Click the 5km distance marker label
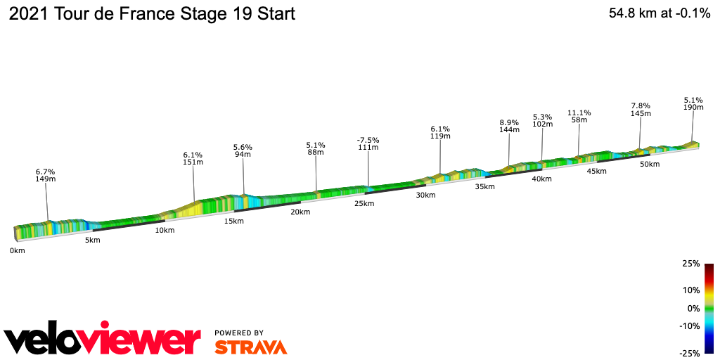click(92, 240)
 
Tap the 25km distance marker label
click(364, 203)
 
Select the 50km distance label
click(649, 164)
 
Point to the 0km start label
click(18, 250)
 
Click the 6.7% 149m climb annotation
click(45, 175)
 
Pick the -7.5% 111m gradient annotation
click(368, 143)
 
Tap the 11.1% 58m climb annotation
click(579, 117)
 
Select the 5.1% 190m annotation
click(693, 103)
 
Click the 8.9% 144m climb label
click(509, 126)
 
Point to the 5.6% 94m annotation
click(243, 151)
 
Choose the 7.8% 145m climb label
click(641, 110)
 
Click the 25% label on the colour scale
click(691, 264)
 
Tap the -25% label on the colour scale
click(690, 353)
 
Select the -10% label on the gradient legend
click(690, 326)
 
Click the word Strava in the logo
click(250, 347)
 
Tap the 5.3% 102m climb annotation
click(542, 121)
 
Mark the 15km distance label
click(233, 221)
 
